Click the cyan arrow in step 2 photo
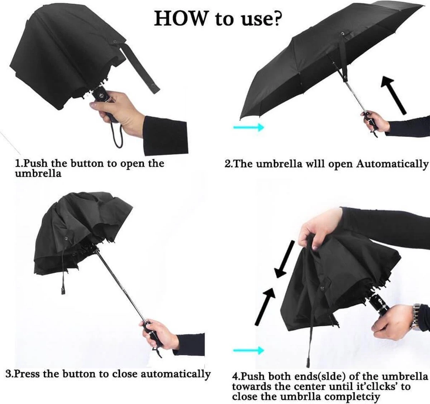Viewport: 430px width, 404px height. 248,127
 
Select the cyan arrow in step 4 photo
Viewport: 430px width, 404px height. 248,350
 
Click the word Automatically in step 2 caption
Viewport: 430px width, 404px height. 392,164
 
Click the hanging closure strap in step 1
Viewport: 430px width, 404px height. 140,72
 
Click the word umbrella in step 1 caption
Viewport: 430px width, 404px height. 38,174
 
